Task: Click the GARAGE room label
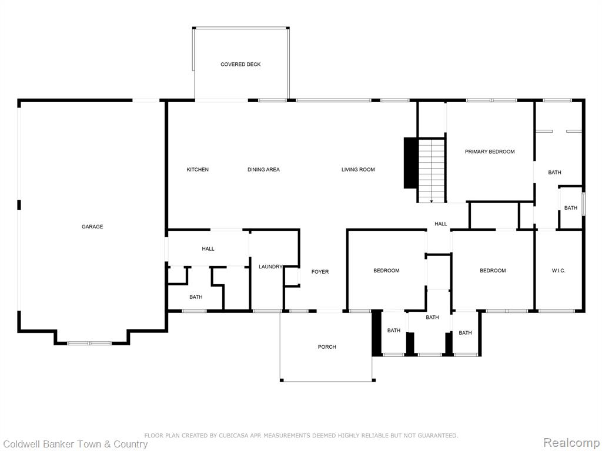click(x=92, y=227)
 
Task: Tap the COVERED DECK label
click(x=240, y=65)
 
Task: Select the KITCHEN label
click(x=198, y=170)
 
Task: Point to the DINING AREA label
click(x=263, y=170)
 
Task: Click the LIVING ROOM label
click(x=358, y=170)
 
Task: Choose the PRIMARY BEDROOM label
click(x=490, y=152)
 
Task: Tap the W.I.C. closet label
click(x=558, y=271)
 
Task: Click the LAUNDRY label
click(x=270, y=267)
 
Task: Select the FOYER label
click(x=320, y=272)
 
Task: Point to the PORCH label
click(x=327, y=347)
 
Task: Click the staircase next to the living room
click(x=431, y=170)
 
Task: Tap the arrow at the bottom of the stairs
click(x=432, y=200)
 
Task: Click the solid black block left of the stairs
click(x=410, y=163)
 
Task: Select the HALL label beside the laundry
click(x=208, y=249)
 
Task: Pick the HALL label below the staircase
click(x=441, y=224)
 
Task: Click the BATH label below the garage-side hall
click(x=196, y=297)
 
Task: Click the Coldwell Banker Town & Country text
click(x=75, y=445)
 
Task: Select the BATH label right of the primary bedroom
click(x=554, y=173)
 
